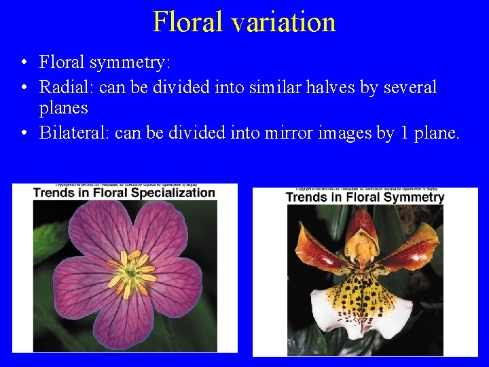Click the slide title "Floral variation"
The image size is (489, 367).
pyautogui.click(x=244, y=22)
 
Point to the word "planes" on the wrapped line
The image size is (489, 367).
pyautogui.click(x=64, y=108)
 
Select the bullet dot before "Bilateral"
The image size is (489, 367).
pyautogui.click(x=24, y=133)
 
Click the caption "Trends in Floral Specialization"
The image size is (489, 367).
pyautogui.click(x=124, y=192)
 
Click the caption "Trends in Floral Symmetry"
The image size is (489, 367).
pyautogui.click(x=365, y=197)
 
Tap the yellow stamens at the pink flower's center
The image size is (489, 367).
pyautogui.click(x=133, y=273)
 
